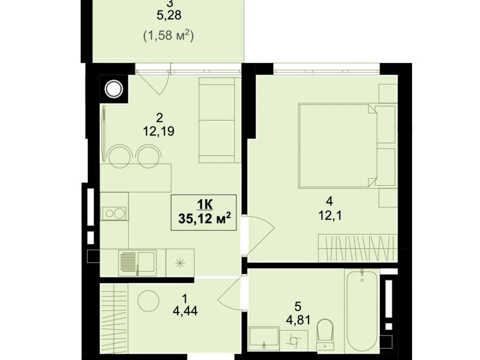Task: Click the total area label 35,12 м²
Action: [204, 218]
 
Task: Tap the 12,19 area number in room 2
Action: [158, 131]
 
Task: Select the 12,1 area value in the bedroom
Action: [329, 216]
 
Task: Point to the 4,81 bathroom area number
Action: [298, 320]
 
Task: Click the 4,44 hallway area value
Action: [185, 311]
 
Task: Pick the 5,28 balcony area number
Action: [168, 15]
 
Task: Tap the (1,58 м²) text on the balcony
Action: [168, 36]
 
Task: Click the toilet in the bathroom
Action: [325, 334]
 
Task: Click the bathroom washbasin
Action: [264, 338]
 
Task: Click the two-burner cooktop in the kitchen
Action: [114, 213]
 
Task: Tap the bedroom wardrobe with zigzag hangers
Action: [358, 248]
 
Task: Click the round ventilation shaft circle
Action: [114, 89]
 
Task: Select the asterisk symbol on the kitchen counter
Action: [180, 263]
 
